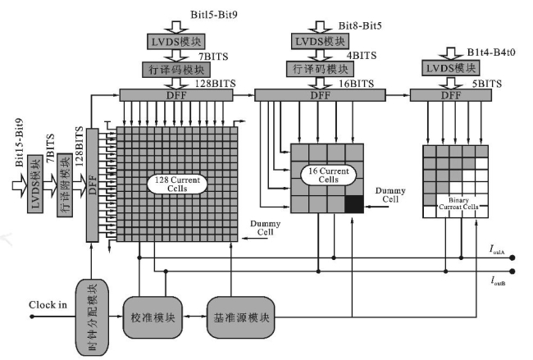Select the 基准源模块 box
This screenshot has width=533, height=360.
click(x=236, y=317)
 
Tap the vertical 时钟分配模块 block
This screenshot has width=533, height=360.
click(x=92, y=317)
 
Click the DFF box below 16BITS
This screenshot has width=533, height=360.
click(x=320, y=96)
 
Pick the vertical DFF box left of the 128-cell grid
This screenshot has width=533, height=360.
click(x=92, y=185)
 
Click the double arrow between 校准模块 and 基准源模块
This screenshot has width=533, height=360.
click(x=194, y=317)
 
